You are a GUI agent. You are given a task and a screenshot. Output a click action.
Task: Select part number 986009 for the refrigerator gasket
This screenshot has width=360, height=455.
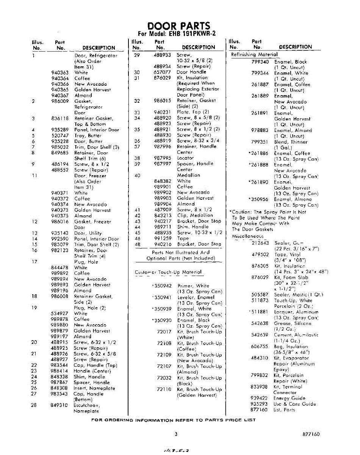click(59, 101)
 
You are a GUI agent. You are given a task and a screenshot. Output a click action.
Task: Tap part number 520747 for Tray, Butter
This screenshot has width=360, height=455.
click(59, 135)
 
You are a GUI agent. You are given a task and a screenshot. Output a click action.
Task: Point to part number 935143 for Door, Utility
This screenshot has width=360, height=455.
click(59, 233)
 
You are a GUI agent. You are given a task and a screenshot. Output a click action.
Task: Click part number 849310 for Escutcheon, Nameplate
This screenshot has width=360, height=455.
click(59, 405)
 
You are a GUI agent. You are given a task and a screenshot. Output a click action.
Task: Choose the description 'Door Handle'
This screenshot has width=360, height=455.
click(191, 72)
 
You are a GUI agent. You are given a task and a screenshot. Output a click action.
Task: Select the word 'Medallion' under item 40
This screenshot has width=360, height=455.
click(189, 176)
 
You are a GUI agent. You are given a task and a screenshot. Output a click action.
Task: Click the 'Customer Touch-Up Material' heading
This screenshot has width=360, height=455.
click(169, 272)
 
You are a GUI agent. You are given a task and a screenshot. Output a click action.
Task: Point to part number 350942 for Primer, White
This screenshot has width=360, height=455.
click(163, 286)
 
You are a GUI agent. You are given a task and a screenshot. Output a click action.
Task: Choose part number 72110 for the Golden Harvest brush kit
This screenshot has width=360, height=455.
click(164, 389)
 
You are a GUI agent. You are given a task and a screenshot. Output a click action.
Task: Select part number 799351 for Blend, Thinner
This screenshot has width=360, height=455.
click(260, 142)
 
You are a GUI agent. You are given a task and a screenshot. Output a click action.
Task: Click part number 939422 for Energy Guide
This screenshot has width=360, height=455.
click(260, 398)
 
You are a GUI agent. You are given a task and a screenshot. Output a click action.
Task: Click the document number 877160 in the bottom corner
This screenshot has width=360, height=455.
click(311, 435)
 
